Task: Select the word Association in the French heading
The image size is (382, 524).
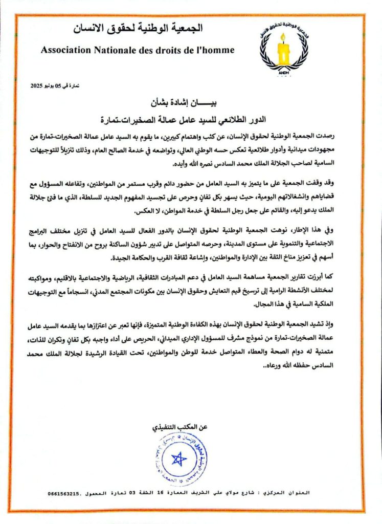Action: pos(65,50)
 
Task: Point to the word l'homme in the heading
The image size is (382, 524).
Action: pos(216,50)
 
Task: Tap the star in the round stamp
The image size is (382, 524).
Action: pos(178,459)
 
